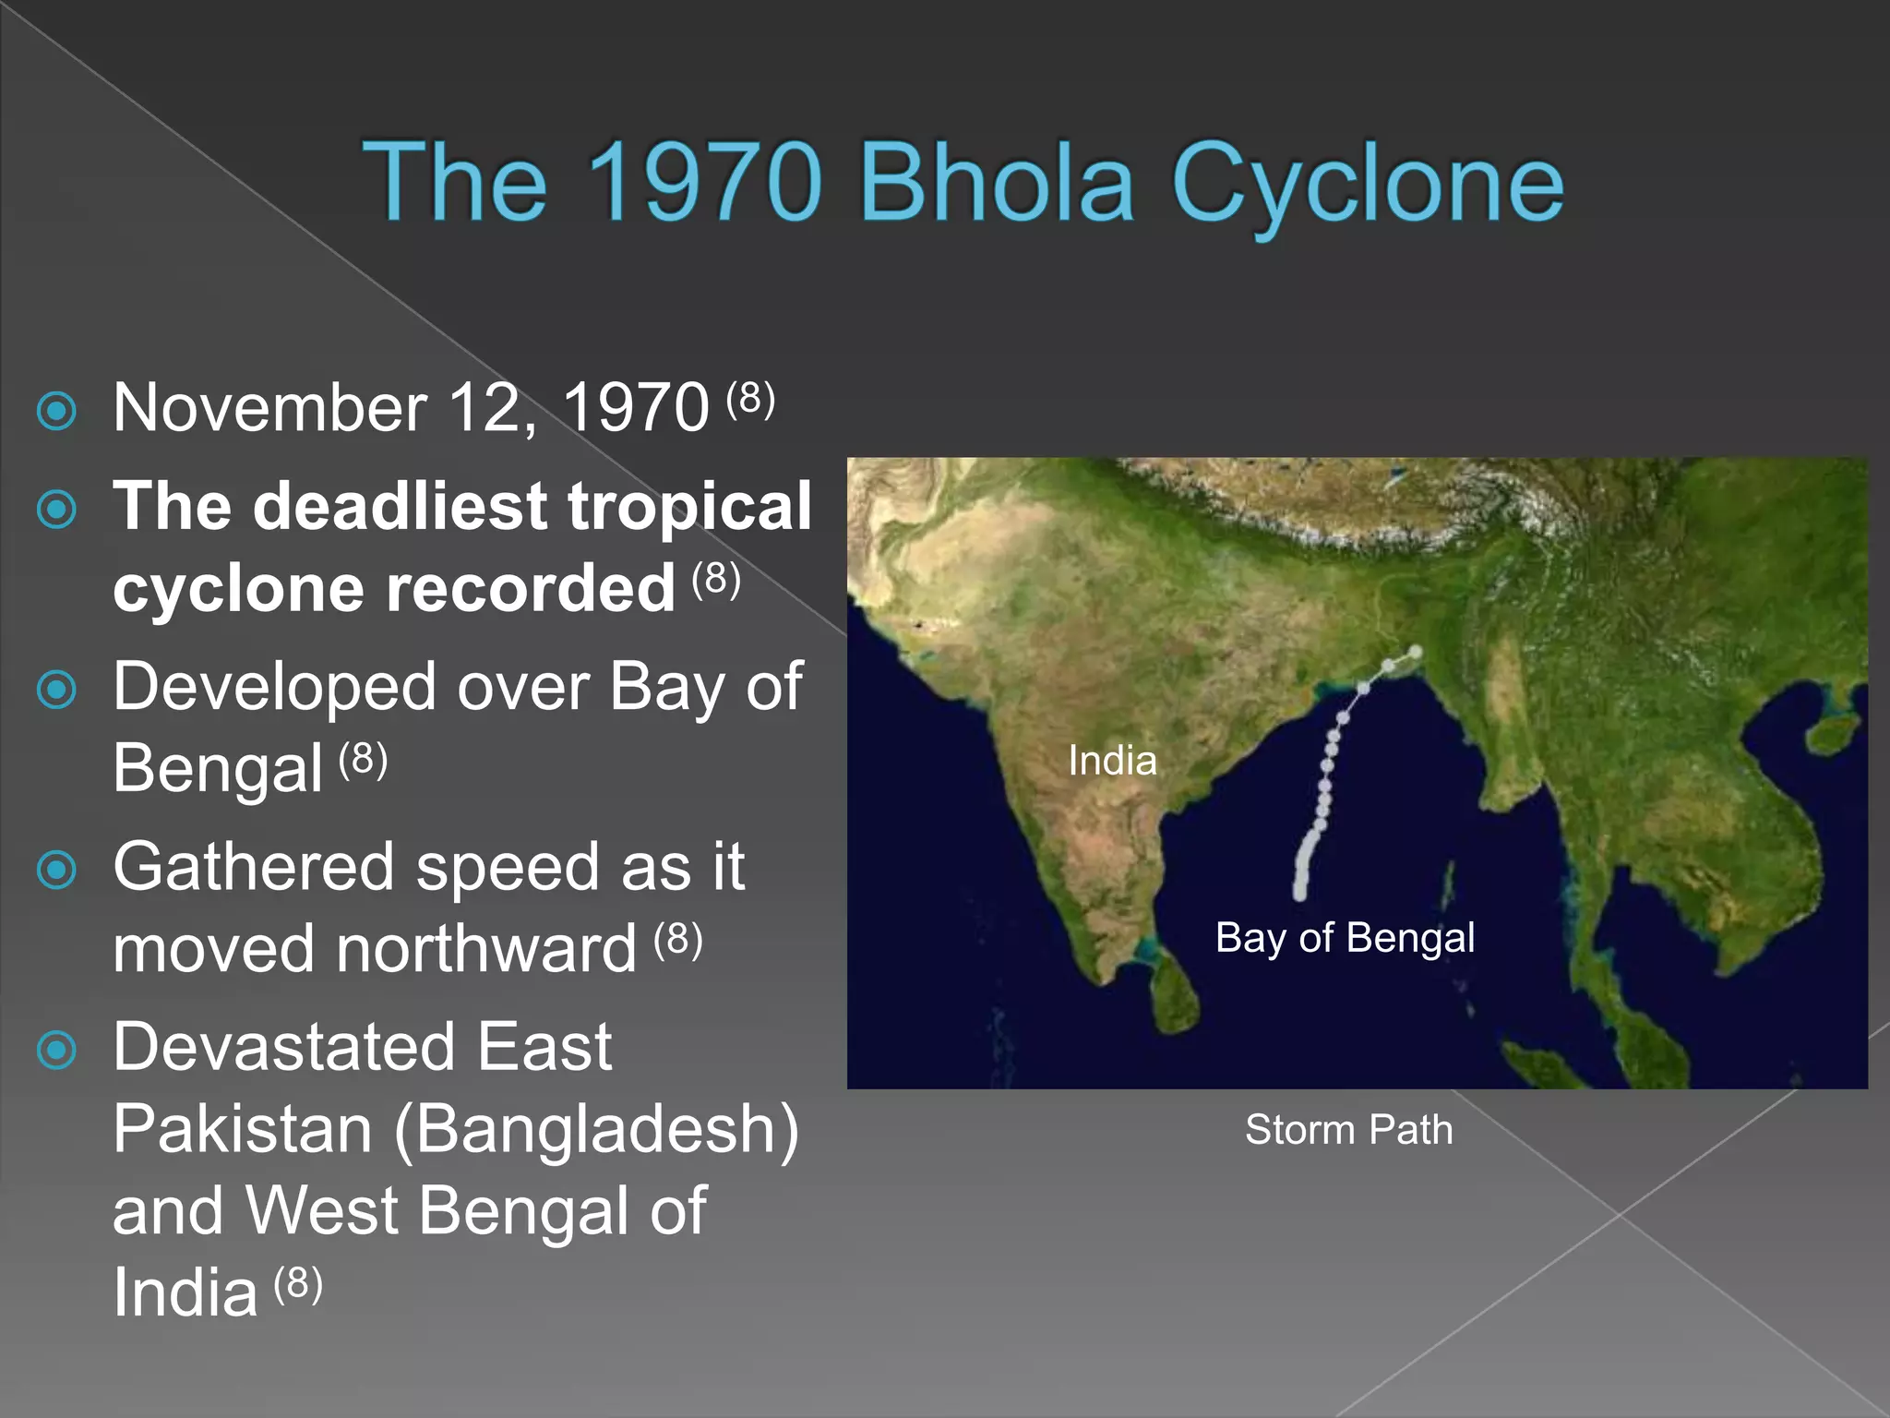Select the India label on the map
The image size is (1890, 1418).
pos(1112,761)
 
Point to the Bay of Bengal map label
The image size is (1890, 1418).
pos(1345,938)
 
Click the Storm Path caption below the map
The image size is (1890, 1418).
pos(1348,1130)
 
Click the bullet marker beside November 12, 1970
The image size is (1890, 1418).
pos(57,411)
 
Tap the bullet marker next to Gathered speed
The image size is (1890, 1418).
pos(57,869)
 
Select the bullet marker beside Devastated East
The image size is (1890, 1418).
pos(57,1050)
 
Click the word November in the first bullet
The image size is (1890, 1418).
pos(269,408)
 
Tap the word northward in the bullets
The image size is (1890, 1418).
pos(485,950)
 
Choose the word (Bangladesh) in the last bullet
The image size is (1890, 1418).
pos(596,1130)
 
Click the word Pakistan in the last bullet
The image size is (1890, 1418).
pos(243,1129)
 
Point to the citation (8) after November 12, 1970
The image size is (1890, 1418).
pos(750,398)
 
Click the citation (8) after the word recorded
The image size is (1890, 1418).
pos(716,579)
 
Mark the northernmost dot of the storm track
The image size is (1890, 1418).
pos(1415,653)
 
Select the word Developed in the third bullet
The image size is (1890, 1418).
pos(275,688)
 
